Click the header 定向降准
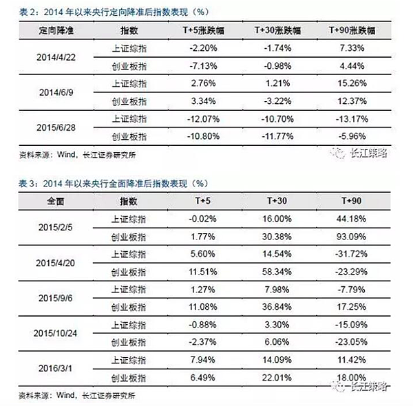(x=47, y=31)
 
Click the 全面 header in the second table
(x=47, y=202)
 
